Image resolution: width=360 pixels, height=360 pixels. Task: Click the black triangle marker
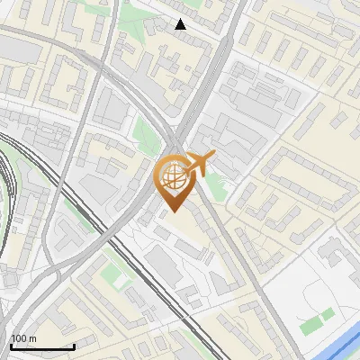tap(181, 24)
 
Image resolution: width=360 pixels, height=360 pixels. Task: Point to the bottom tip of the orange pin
tap(172, 211)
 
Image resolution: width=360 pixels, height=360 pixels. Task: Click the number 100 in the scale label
tap(20, 338)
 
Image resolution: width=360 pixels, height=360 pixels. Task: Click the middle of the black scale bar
tap(42, 346)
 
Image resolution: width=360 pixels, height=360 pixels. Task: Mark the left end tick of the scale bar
tap(11, 346)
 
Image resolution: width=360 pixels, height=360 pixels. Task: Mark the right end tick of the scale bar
tap(74, 346)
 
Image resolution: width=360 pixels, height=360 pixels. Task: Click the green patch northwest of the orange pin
tap(144, 135)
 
